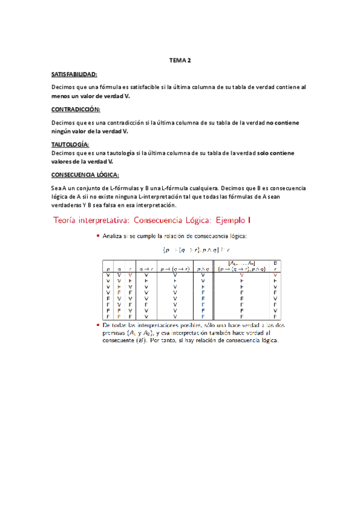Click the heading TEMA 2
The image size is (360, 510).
[x=180, y=61]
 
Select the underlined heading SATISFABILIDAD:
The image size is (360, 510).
[x=75, y=74]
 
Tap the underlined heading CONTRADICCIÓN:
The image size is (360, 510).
[x=76, y=109]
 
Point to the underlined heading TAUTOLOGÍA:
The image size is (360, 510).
[x=70, y=144]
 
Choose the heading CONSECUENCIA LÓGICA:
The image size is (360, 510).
[x=85, y=175]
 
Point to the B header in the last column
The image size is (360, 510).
[x=275, y=263]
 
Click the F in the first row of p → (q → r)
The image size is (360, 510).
[x=174, y=281]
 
